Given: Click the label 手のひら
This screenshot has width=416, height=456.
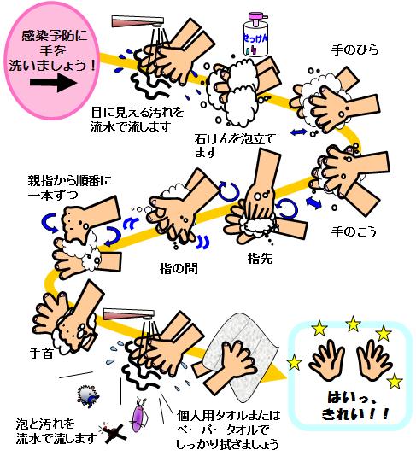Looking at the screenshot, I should tap(354, 50).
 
